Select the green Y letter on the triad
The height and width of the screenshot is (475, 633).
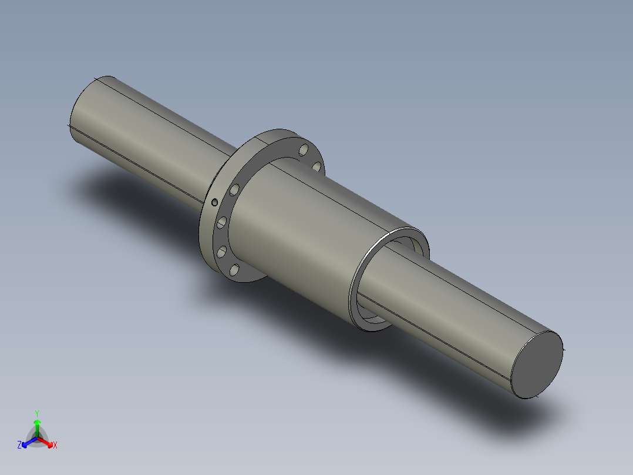[x=37, y=413]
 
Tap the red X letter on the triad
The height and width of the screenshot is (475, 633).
[x=55, y=446]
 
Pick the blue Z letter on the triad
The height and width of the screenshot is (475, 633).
[x=19, y=446]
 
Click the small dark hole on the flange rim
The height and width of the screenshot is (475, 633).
[x=214, y=202]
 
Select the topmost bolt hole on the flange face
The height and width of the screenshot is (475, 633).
[x=304, y=150]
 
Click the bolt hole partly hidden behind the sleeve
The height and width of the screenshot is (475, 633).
[x=316, y=168]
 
